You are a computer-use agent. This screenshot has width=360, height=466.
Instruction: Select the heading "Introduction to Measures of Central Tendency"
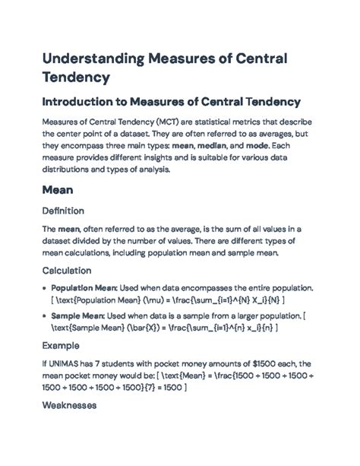pyautogui.click(x=171, y=101)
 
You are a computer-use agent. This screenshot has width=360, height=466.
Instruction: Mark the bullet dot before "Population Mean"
pyautogui.click(x=44, y=290)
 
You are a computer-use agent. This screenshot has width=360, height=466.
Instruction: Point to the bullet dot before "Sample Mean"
pyautogui.click(x=44, y=315)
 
